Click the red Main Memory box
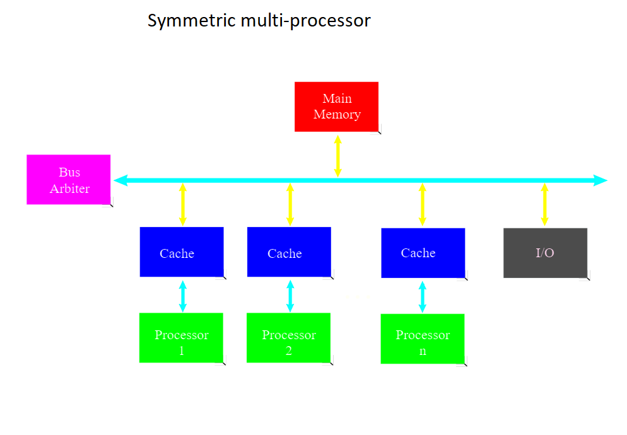pos(336,107)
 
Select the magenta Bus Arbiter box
pos(69,180)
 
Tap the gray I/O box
pos(545,253)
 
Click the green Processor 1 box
pos(181,338)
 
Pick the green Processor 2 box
pos(288,338)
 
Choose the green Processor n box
pos(423,339)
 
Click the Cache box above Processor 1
pos(182,252)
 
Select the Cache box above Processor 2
pos(289,252)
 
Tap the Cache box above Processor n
pos(423,253)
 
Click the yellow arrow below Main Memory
pos(337,156)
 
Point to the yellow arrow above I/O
pos(544,205)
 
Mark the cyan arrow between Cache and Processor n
pos(423,296)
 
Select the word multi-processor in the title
pos(305,21)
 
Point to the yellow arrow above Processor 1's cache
pos(182,205)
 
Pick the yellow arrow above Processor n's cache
pos(423,205)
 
